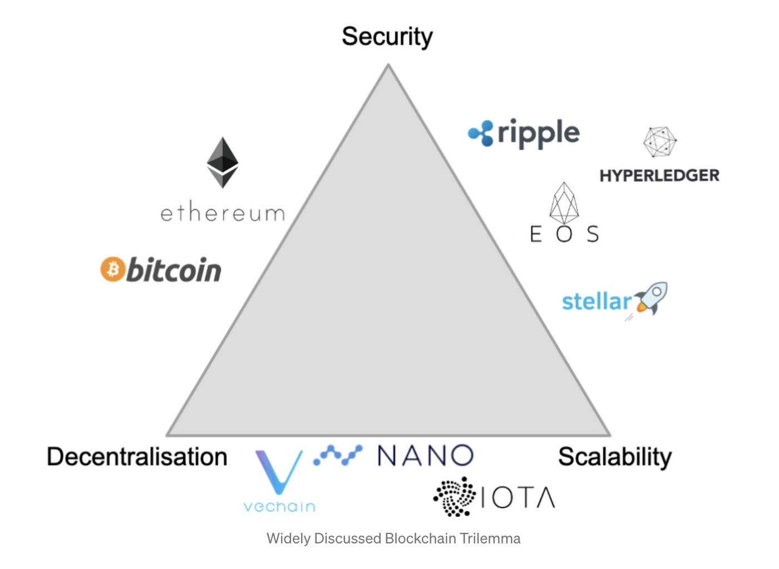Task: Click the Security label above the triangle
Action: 387,37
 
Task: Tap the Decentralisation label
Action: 137,457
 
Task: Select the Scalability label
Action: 615,457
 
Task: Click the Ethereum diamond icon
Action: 223,162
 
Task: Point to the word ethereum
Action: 223,212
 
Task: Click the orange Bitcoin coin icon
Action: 113,269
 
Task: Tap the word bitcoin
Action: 174,270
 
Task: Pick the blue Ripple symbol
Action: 481,133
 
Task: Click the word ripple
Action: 538,133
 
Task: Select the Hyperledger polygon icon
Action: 660,141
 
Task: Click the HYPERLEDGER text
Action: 659,176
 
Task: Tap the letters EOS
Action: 564,234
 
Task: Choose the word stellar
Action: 596,301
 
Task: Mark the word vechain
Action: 279,507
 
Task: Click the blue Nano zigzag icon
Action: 338,455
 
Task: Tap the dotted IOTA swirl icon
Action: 455,497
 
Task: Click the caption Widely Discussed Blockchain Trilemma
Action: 393,538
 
